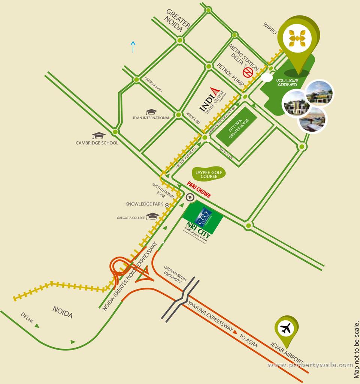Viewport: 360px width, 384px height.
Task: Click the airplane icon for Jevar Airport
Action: pyautogui.click(x=286, y=329)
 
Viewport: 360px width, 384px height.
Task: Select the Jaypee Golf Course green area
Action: pyautogui.click(x=209, y=174)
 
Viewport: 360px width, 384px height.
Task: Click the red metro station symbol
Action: pyautogui.click(x=247, y=72)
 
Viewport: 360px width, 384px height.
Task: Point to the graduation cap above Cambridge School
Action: pyautogui.click(x=99, y=135)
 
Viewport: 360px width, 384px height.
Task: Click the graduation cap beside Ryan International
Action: pyautogui.click(x=151, y=112)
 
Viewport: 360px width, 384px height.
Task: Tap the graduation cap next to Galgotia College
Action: pyautogui.click(x=152, y=216)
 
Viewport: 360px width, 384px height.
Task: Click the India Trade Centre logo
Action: pyautogui.click(x=212, y=99)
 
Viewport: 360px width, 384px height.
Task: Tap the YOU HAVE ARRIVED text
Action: pyautogui.click(x=287, y=82)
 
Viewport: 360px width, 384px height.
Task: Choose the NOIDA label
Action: pyautogui.click(x=63, y=312)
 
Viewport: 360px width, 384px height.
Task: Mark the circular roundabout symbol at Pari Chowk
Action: pyautogui.click(x=190, y=196)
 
